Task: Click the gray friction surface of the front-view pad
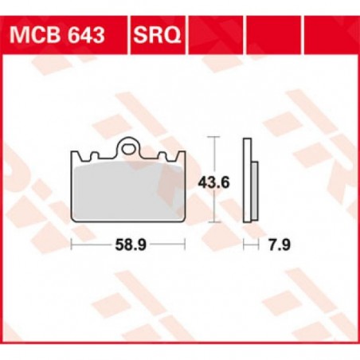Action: [127, 190]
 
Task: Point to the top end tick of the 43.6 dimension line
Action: [213, 139]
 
